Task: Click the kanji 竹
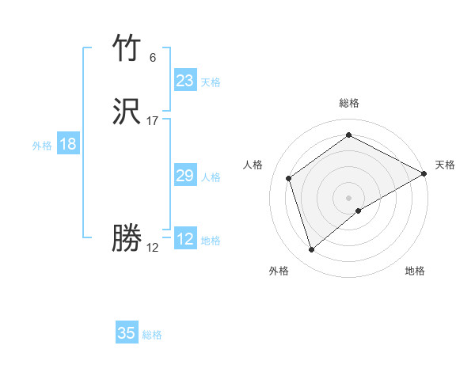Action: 127,49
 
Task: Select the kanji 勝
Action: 127,238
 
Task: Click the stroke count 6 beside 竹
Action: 153,58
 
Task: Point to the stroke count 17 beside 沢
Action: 153,121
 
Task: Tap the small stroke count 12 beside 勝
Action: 153,247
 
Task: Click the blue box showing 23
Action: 185,81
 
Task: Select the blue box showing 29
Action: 185,176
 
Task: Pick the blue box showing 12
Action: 185,239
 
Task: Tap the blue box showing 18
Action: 68,144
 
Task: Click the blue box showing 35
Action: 127,333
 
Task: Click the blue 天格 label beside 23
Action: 211,82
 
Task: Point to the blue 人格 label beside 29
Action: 211,177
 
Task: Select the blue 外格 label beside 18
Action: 42,146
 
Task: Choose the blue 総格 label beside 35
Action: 152,335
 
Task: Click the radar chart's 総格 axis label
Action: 349,103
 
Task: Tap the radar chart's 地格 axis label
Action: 415,271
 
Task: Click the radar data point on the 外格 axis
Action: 311,250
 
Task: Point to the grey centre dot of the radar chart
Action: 349,198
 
